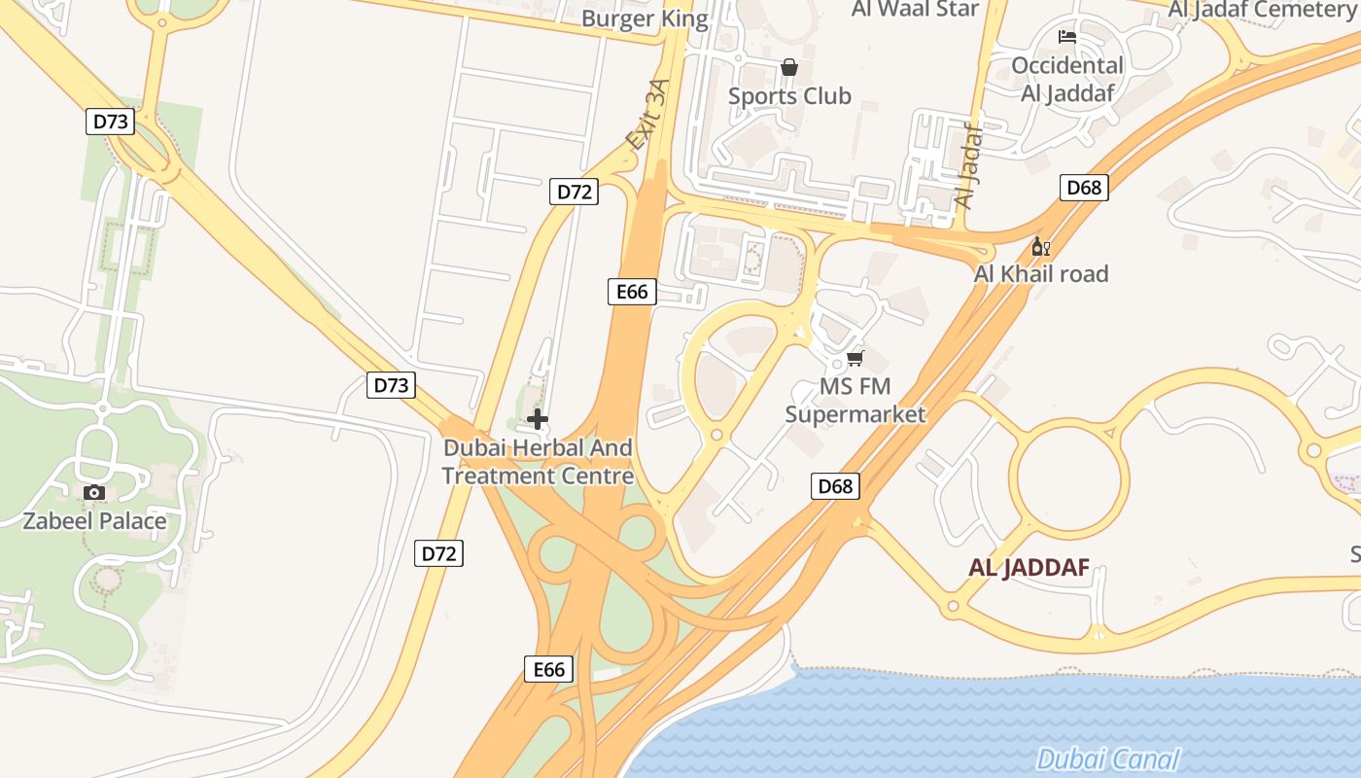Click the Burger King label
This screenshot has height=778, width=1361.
pyautogui.click(x=645, y=18)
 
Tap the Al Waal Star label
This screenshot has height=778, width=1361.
pyautogui.click(x=915, y=9)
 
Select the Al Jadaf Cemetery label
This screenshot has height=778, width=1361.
pyautogui.click(x=1263, y=10)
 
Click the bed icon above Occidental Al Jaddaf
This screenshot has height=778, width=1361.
pyautogui.click(x=1066, y=38)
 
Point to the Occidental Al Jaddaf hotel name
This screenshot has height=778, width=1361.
pyautogui.click(x=1066, y=80)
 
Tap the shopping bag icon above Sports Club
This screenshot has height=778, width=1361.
pyautogui.click(x=788, y=67)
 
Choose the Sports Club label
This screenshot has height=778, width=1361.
pyautogui.click(x=789, y=95)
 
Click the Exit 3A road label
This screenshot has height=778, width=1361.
pyautogui.click(x=648, y=114)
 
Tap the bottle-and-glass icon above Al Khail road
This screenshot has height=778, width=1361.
pyautogui.click(x=1040, y=247)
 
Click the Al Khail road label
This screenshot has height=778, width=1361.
pyautogui.click(x=1041, y=274)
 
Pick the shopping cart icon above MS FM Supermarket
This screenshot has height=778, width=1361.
pyautogui.click(x=855, y=359)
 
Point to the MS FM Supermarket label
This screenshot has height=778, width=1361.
pyautogui.click(x=855, y=401)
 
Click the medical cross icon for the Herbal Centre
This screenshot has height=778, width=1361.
pyautogui.click(x=538, y=419)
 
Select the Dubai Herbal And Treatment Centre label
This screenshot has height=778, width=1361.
pyautogui.click(x=538, y=462)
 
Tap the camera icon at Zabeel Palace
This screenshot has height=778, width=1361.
pyautogui.click(x=94, y=492)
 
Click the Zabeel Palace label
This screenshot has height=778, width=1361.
pyautogui.click(x=94, y=520)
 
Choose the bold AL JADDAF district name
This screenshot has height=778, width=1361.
pyautogui.click(x=1029, y=568)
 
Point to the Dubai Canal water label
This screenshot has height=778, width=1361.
pyautogui.click(x=1107, y=760)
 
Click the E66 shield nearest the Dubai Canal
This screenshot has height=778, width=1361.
pyautogui.click(x=549, y=669)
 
